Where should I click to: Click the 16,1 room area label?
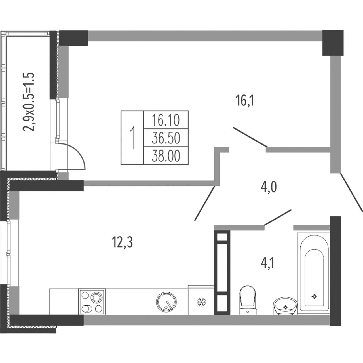[245, 101]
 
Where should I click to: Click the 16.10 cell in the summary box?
[166, 120]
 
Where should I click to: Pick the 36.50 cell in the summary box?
[166, 138]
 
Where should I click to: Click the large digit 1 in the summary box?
[133, 138]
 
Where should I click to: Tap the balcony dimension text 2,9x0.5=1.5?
[28, 102]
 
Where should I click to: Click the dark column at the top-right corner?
[333, 43]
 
